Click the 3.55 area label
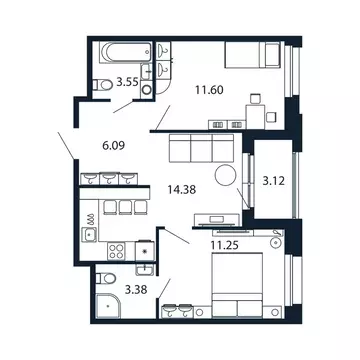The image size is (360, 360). coord(126,83)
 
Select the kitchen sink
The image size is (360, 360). coord(90,236)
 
